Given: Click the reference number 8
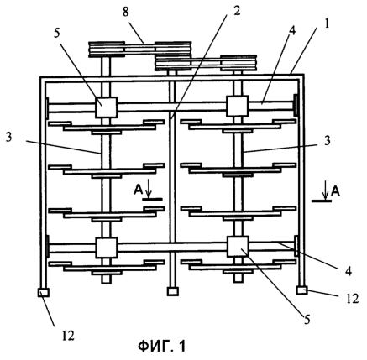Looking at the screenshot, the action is coord(125,12).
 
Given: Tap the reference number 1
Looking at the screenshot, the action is coord(326,23).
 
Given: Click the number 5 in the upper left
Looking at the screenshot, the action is coord(57,33).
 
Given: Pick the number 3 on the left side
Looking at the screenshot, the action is coord(9,138).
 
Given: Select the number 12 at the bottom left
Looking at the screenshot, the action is coord(67,335).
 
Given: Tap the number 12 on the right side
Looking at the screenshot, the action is coord(352,299).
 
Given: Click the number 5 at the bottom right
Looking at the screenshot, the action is coord(307,320).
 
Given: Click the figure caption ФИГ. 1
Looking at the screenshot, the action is coord(162,347).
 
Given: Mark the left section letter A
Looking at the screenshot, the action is coord(138,190).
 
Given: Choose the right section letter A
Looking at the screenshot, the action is coord(335,191).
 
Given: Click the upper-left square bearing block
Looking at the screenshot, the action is coord(106,107).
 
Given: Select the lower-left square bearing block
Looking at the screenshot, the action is coord(106,248).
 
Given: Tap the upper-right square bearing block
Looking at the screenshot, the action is coord(237,106).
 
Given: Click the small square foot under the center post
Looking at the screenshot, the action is coord(173,291).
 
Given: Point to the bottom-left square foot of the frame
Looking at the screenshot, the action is coord(43,292).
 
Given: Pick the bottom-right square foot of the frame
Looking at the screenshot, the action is coord(302,290).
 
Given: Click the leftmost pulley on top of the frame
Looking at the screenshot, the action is coord(107,50).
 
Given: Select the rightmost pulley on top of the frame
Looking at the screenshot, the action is coord(239,63).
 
